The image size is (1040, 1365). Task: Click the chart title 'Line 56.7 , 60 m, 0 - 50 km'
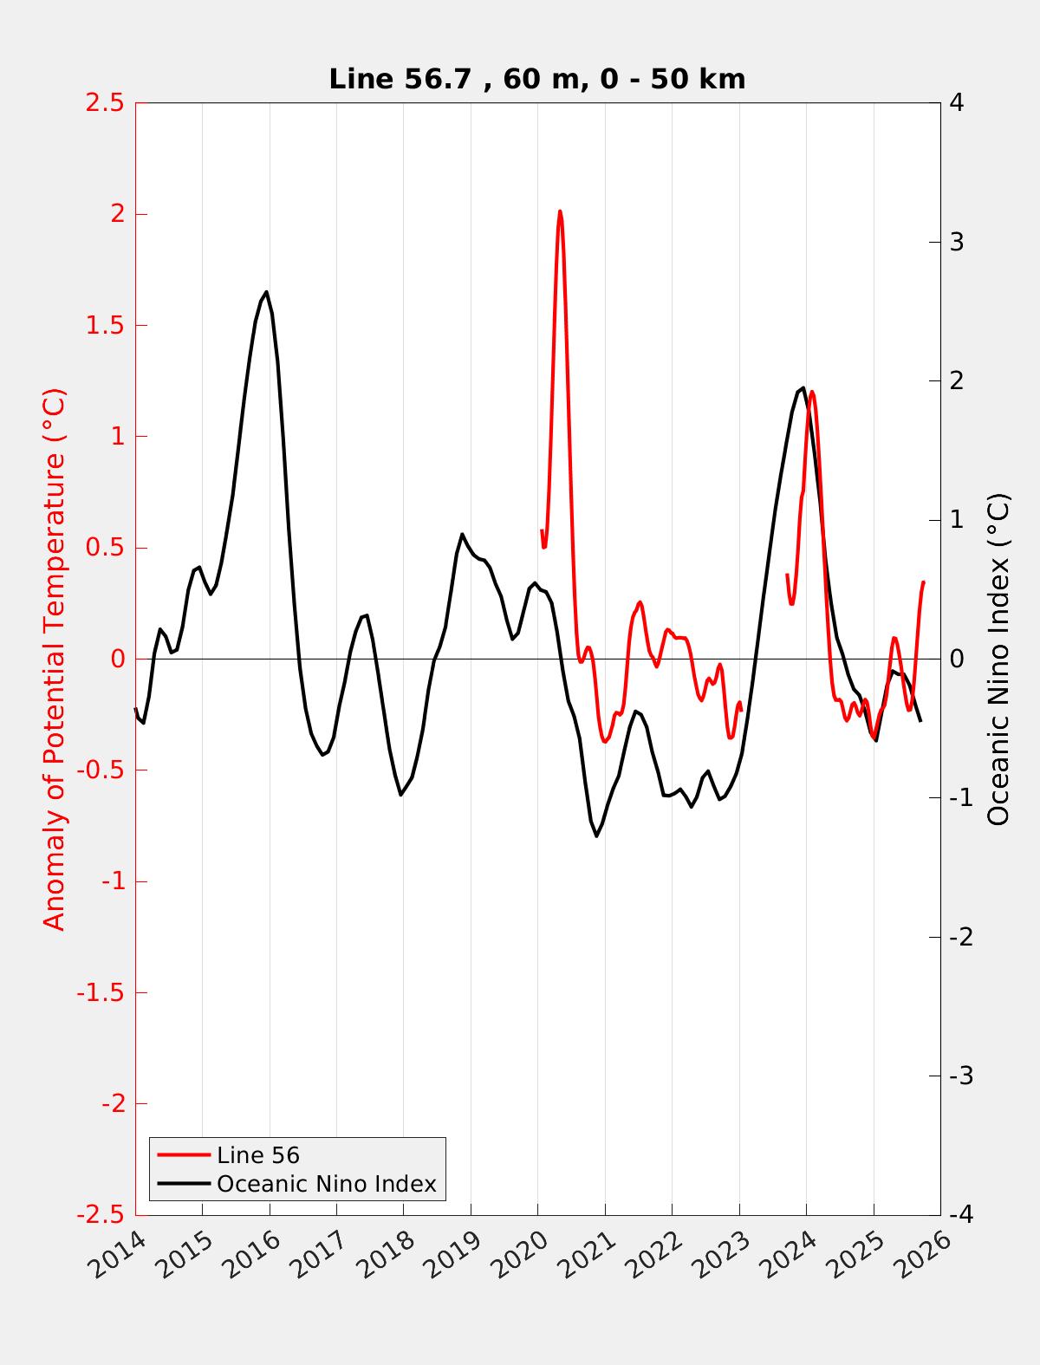pyautogui.click(x=536, y=79)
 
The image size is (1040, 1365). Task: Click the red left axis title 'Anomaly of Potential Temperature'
pyautogui.click(x=54, y=659)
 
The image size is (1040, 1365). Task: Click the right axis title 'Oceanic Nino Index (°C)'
pyautogui.click(x=998, y=659)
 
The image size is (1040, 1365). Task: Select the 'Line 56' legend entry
pyautogui.click(x=258, y=1155)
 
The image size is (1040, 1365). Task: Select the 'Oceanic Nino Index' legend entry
pyautogui.click(x=326, y=1183)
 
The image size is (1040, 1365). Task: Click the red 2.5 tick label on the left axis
pyautogui.click(x=104, y=103)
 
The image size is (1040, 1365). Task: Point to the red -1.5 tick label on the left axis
pyautogui.click(x=101, y=992)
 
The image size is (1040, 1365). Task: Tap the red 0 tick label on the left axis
pyautogui.click(x=118, y=659)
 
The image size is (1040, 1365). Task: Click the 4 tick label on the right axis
pyautogui.click(x=958, y=103)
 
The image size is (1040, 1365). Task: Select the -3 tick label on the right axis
pyautogui.click(x=960, y=1076)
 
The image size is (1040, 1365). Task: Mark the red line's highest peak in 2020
pyautogui.click(x=560, y=211)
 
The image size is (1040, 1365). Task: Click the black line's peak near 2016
pyautogui.click(x=266, y=292)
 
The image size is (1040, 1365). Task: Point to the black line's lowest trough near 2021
pyautogui.click(x=597, y=835)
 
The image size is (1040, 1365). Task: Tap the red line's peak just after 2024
pyautogui.click(x=812, y=392)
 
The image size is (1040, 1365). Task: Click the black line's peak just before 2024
pyautogui.click(x=803, y=388)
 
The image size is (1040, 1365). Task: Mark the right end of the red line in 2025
pyautogui.click(x=923, y=582)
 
